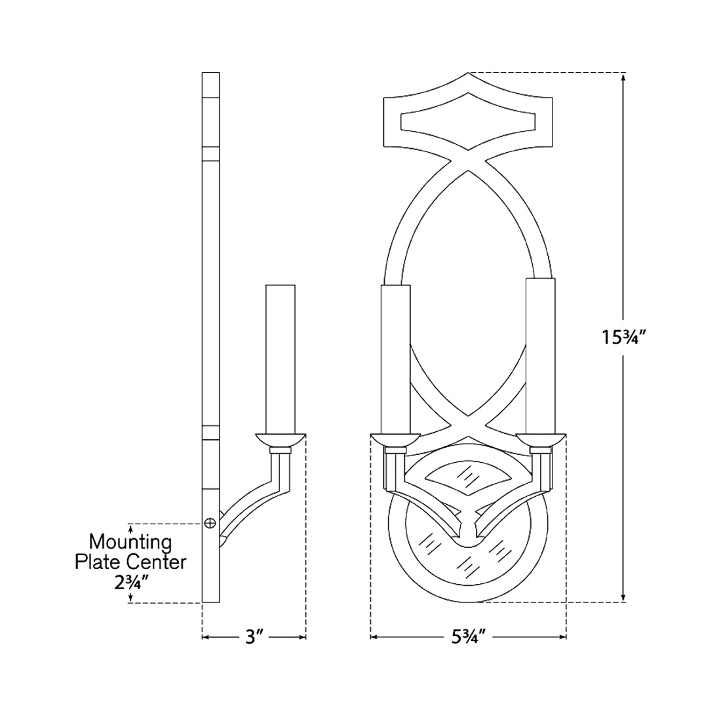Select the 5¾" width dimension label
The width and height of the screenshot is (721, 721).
(x=468, y=636)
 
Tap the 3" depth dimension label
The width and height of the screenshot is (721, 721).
(x=254, y=636)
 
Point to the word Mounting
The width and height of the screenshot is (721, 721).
(x=130, y=543)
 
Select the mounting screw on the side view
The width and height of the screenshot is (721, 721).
(x=210, y=522)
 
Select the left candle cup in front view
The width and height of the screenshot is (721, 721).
(x=395, y=440)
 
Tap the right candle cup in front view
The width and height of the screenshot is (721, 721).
(x=541, y=440)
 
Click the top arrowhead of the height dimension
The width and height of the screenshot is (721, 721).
(x=622, y=77)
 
